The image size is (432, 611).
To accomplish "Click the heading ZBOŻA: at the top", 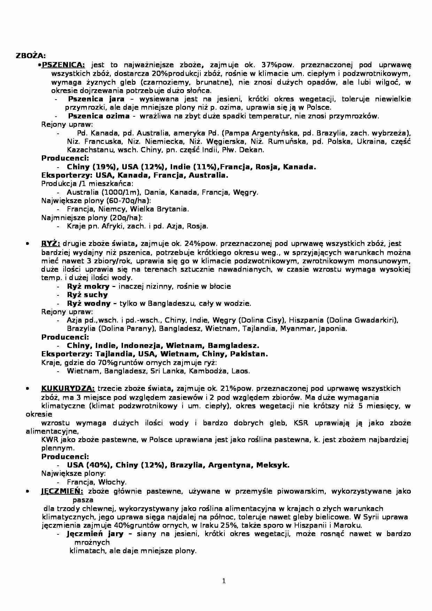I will coord(31,56).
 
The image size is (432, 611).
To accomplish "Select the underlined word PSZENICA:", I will coord(63,64).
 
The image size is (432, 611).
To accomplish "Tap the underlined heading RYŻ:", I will coord(51,244).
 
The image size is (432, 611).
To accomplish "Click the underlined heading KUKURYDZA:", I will coord(68,388).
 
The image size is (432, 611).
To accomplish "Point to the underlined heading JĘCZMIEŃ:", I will coord(62,491).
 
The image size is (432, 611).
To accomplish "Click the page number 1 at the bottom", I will coord(224,581).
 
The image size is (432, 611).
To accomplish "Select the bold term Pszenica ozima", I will coord(99,116).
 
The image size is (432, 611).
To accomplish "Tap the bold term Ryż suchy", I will coord(87,295).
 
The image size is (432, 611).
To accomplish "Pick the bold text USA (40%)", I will coord(88,465).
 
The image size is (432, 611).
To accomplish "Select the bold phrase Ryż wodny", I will coord(89,303).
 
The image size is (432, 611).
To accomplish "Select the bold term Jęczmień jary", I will coord(95,534).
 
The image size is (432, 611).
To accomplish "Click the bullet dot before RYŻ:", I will coord(27,244).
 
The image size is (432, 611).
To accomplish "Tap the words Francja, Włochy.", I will coord(97,482).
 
